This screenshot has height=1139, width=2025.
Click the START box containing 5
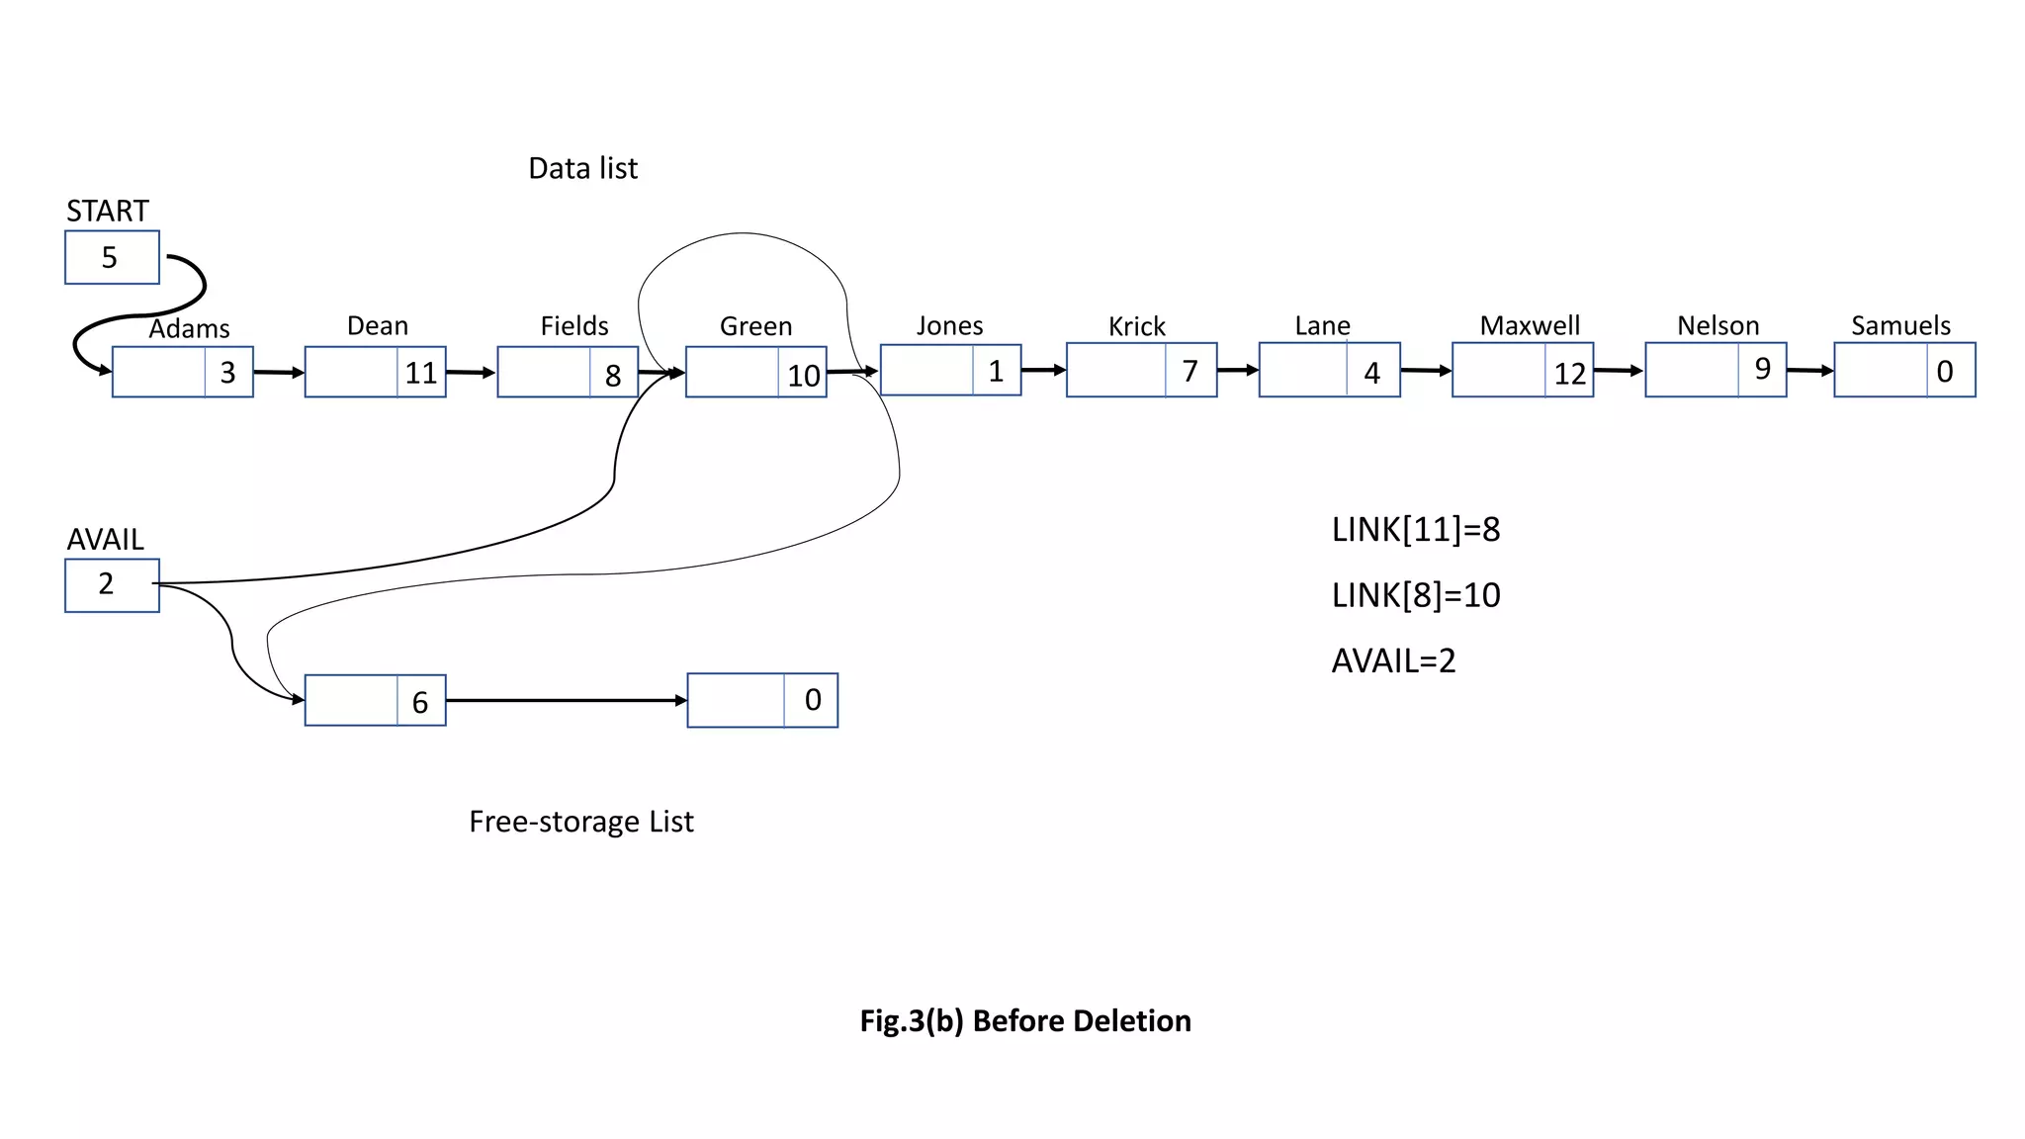click(112, 257)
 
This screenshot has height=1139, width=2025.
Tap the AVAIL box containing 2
click(112, 585)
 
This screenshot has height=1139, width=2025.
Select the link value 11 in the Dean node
click(421, 373)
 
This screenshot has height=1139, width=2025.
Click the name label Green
click(755, 326)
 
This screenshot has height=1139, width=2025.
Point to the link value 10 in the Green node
click(803, 375)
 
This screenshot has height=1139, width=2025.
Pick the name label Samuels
click(1900, 325)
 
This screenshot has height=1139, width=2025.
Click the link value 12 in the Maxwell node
click(1569, 373)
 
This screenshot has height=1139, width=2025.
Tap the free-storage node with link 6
click(375, 701)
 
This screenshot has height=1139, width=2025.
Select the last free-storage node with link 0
click(762, 700)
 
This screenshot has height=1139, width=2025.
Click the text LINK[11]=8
click(1415, 530)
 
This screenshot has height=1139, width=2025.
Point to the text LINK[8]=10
click(1415, 595)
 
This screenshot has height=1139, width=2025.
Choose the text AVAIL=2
click(1393, 660)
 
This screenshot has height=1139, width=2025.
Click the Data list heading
click(582, 168)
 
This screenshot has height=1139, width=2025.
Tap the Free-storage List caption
click(580, 822)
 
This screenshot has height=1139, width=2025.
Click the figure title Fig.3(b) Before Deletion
click(1025, 1020)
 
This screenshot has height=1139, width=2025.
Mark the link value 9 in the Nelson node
click(1762, 369)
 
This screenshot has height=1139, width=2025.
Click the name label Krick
click(1136, 326)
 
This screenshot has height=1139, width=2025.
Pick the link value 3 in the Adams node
click(227, 373)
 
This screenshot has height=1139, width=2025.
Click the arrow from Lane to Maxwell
click(1425, 371)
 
